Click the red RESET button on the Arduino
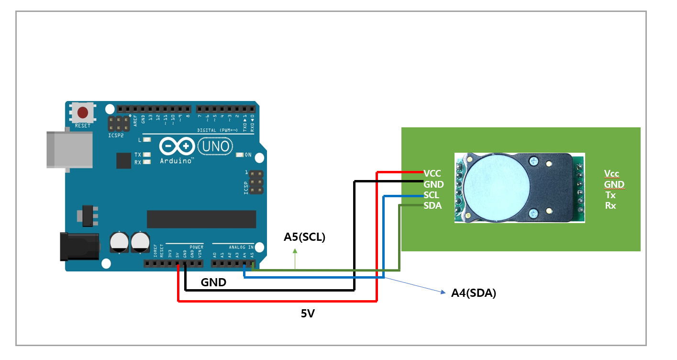click(83, 113)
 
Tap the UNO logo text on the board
click(214, 146)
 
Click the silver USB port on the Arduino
click(69, 149)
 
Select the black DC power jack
click(79, 246)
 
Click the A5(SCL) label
click(304, 237)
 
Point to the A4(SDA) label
click(473, 293)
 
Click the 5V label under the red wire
click(308, 314)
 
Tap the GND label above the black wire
click(213, 282)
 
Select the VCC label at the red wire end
click(432, 173)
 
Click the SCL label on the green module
click(431, 195)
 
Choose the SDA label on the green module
click(432, 206)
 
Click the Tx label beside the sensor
click(610, 195)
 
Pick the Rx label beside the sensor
click(610, 206)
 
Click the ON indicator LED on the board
click(240, 155)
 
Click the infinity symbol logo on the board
click(177, 145)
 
